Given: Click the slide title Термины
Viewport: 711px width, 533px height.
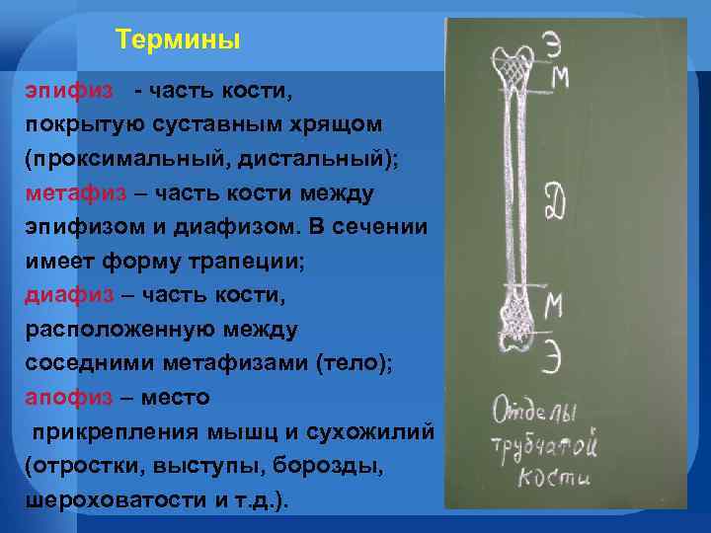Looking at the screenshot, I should coord(178,40).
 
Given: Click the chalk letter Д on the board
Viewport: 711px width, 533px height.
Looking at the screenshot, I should coord(553,206).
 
